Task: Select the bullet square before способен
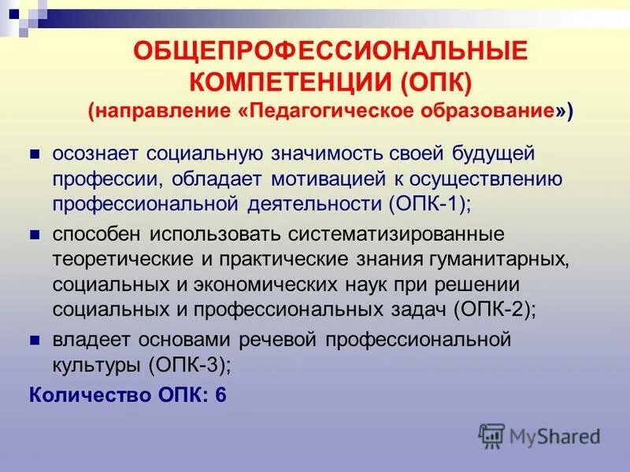click(x=35, y=234)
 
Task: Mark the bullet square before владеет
click(x=35, y=340)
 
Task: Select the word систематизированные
click(x=374, y=234)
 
